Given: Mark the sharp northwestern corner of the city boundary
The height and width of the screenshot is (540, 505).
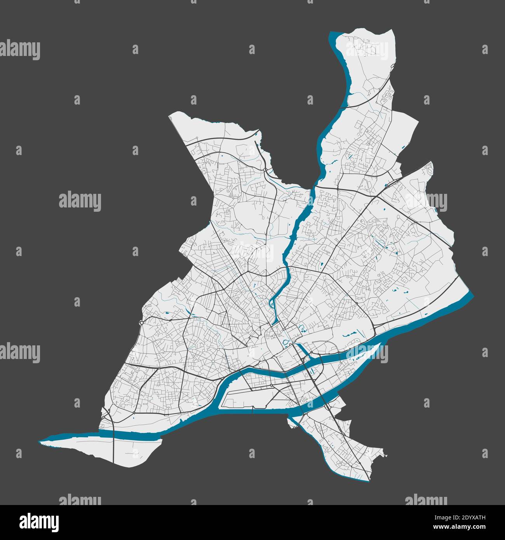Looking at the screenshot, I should (169, 115).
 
